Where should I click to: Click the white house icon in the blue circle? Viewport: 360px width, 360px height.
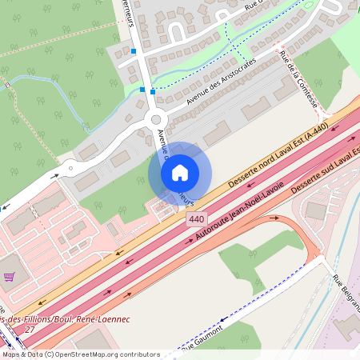180,173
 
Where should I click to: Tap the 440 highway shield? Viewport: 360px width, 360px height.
196,218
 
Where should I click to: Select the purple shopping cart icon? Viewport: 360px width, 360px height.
9,277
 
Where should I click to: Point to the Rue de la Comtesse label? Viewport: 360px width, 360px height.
300,79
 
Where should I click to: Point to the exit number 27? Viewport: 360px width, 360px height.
30,330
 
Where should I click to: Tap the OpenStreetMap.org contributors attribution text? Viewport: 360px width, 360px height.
108,354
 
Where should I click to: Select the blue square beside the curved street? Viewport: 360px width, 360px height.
134,51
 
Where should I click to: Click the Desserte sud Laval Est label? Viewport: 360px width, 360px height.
324,172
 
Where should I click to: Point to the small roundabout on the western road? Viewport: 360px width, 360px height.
70,167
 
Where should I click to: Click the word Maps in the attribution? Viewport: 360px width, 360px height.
12,354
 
